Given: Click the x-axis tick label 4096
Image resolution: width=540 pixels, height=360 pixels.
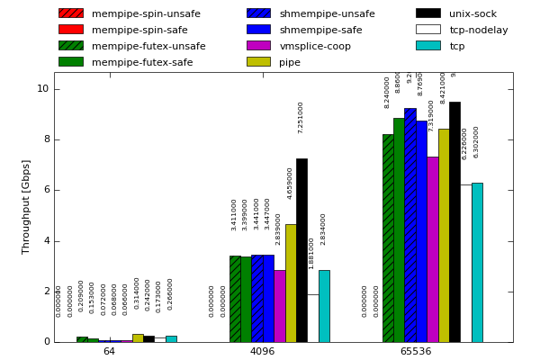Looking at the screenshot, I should [x=262, y=352].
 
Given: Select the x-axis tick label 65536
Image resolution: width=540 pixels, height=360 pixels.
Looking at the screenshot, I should [x=415, y=352].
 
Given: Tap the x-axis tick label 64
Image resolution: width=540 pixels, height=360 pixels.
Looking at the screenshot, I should [x=109, y=352].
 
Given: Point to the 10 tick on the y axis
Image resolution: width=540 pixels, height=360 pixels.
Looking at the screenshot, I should [x=43, y=89].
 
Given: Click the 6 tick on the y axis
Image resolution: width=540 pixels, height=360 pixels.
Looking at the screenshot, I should [x=46, y=190].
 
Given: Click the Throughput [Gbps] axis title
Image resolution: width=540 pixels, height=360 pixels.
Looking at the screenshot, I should [x=26, y=207].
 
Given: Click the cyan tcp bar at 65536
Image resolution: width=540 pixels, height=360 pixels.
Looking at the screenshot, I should [x=477, y=262].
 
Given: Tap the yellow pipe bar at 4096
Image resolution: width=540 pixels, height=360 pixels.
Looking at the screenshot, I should [x=291, y=283].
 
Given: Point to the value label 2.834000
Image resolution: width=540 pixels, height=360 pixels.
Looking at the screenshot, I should [x=324, y=229].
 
